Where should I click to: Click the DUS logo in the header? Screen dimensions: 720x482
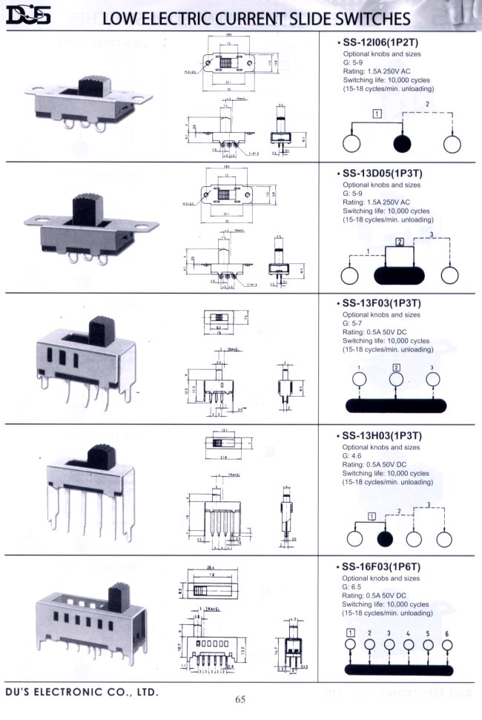tap(27, 16)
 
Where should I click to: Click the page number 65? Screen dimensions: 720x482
tap(240, 698)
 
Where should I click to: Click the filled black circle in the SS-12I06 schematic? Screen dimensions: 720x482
tap(402, 143)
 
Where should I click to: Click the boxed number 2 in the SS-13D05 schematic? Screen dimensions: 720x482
tap(400, 242)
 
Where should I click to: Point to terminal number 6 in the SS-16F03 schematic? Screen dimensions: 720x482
tap(447, 633)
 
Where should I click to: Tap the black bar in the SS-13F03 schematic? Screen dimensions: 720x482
tap(397, 405)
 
